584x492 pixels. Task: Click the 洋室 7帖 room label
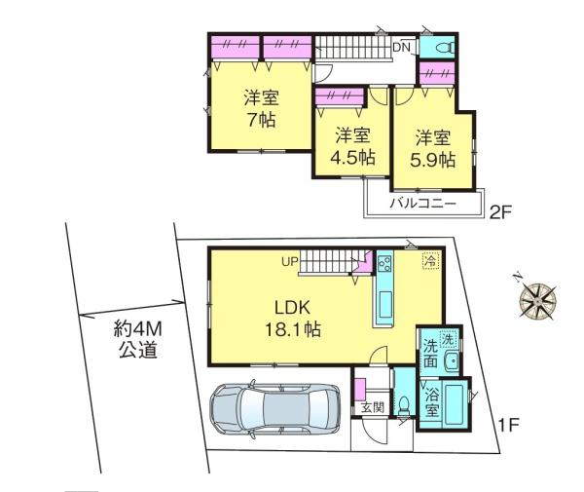pos(262,108)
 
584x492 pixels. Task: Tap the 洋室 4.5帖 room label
pos(352,146)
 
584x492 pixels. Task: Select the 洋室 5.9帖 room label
pos(433,149)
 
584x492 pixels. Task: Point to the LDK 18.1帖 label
pos(293,319)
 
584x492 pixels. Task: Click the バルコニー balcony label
pos(423,204)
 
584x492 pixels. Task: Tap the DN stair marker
pos(401,48)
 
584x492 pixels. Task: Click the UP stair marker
pos(290,262)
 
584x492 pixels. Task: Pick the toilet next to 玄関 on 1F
pos(403,405)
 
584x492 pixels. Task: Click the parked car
pos(274,408)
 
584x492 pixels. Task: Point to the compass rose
pos(537,299)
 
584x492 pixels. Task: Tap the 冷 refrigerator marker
pos(431,260)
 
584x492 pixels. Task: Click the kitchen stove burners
pos(384,265)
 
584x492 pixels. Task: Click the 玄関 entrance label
pos(373,407)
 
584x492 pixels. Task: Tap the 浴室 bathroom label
pos(432,402)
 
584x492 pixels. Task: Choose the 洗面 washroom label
pos(430,354)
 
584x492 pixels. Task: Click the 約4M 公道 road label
pos(138,339)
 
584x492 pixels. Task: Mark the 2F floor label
pos(500,213)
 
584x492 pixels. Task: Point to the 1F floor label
pos(508,425)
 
